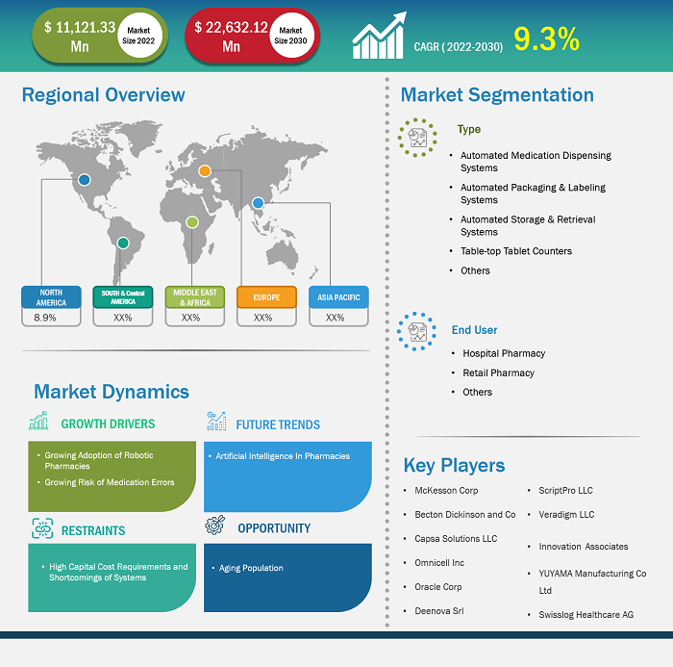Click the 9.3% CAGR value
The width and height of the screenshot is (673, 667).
point(546,39)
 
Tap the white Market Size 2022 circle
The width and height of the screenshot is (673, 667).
point(139,36)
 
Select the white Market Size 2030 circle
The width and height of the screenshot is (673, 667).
point(291,36)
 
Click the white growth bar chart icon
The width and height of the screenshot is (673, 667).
point(379,36)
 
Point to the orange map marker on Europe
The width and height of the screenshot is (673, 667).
point(205,171)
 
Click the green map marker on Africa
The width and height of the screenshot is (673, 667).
point(192,222)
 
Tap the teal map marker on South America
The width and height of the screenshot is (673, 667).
point(123,243)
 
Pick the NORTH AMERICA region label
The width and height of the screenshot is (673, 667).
point(51,297)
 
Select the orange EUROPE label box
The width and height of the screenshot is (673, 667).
point(266,297)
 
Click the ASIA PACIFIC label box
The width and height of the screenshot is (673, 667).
point(338,297)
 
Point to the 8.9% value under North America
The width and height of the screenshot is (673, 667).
point(44,318)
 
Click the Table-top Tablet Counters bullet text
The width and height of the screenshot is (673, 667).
point(516,251)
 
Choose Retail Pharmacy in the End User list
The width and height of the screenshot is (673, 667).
point(498,372)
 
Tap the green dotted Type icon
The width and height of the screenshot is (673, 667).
point(417,138)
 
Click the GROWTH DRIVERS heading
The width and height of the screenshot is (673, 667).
point(108,423)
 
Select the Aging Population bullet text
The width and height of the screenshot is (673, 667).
point(251,568)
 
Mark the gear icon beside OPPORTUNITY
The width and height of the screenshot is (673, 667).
point(215,525)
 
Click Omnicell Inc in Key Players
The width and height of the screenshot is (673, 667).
point(439,562)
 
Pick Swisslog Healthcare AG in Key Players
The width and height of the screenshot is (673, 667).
point(586,615)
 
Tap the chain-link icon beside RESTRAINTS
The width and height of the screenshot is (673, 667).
point(42,528)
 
